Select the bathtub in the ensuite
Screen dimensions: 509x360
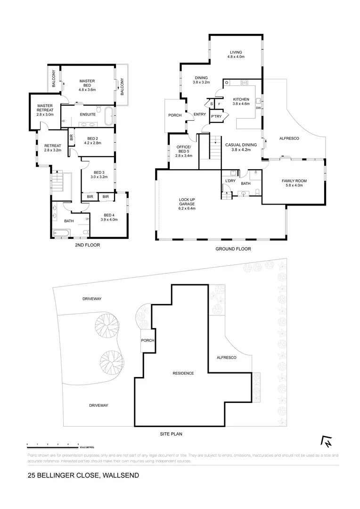pos(109,115)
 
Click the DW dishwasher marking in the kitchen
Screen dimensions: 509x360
pos(258,108)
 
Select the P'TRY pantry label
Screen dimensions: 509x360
pos(216,116)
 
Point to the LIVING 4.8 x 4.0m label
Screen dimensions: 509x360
pos(235,55)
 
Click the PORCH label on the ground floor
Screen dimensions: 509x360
pos(175,115)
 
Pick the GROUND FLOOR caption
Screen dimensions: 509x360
pos(233,249)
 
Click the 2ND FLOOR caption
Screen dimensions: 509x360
pos(88,245)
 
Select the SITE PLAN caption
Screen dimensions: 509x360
pos(171,434)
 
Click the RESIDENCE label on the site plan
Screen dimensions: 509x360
pos(183,373)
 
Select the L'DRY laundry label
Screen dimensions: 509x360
pos(230,181)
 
